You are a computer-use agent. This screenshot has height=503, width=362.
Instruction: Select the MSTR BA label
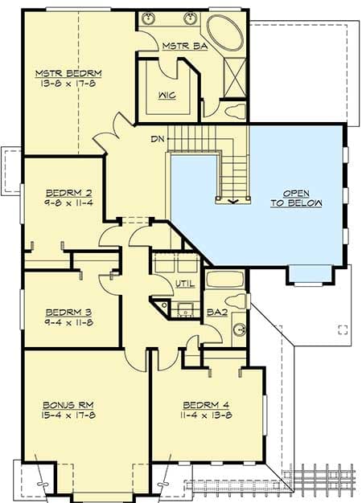coord(184,47)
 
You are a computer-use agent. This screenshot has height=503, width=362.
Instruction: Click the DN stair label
coord(158,138)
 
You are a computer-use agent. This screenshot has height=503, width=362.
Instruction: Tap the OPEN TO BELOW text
coord(296,198)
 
